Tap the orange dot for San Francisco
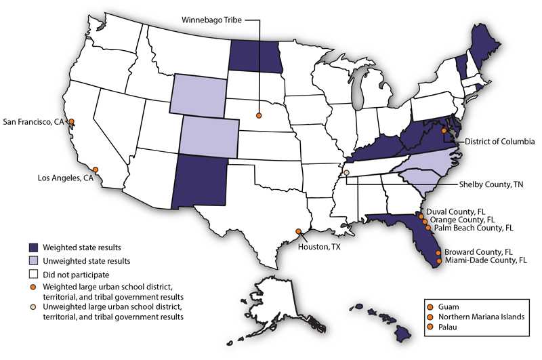[72, 122]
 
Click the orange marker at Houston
[299, 231]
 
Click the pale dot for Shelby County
[346, 173]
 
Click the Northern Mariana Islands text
[483, 317]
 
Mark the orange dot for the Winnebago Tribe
[259, 117]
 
